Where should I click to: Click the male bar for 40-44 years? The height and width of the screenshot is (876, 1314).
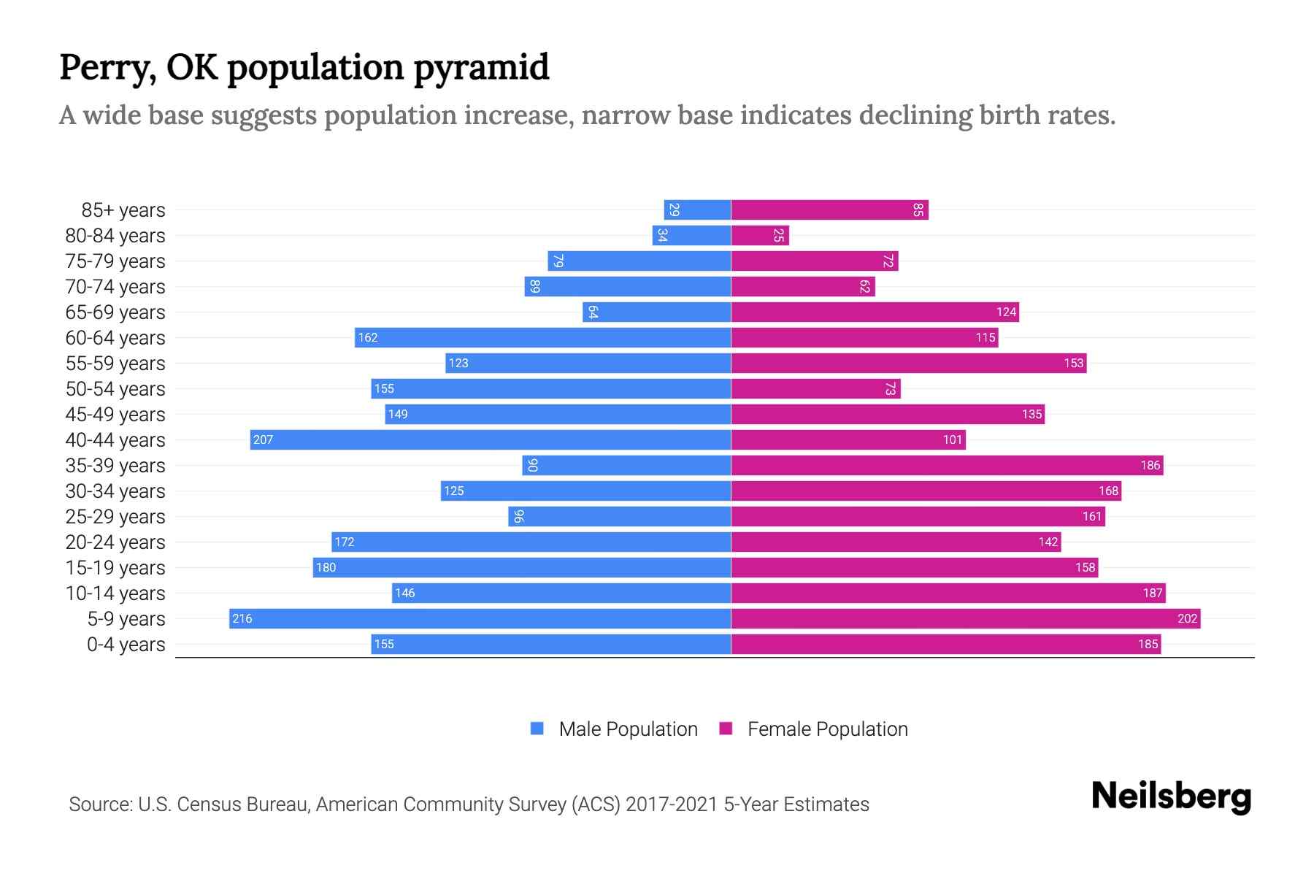point(491,439)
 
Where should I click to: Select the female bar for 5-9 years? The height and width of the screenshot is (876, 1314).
point(965,618)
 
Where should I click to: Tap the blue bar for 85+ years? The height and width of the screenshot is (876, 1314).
point(697,210)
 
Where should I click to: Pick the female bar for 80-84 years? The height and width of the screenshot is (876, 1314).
point(759,235)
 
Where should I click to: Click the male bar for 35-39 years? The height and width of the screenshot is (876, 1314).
point(626,465)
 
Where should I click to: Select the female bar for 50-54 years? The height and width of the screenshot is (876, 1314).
point(815,388)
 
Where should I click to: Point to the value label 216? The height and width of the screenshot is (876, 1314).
point(242,618)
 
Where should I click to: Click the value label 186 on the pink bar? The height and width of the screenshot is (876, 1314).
point(1150,465)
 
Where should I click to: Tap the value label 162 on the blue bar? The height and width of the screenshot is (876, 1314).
point(367,337)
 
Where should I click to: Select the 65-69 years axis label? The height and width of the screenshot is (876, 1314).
point(115,312)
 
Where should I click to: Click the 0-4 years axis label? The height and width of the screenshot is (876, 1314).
point(126,644)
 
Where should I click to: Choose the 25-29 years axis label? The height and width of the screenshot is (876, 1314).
point(115,516)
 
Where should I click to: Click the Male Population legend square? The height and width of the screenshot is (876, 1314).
point(537,729)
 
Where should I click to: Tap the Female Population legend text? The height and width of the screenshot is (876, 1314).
point(827,729)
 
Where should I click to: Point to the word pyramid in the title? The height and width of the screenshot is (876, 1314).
point(481,67)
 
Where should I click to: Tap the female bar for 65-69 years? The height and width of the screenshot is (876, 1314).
point(875,312)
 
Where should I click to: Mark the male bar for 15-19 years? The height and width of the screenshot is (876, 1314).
point(522,567)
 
